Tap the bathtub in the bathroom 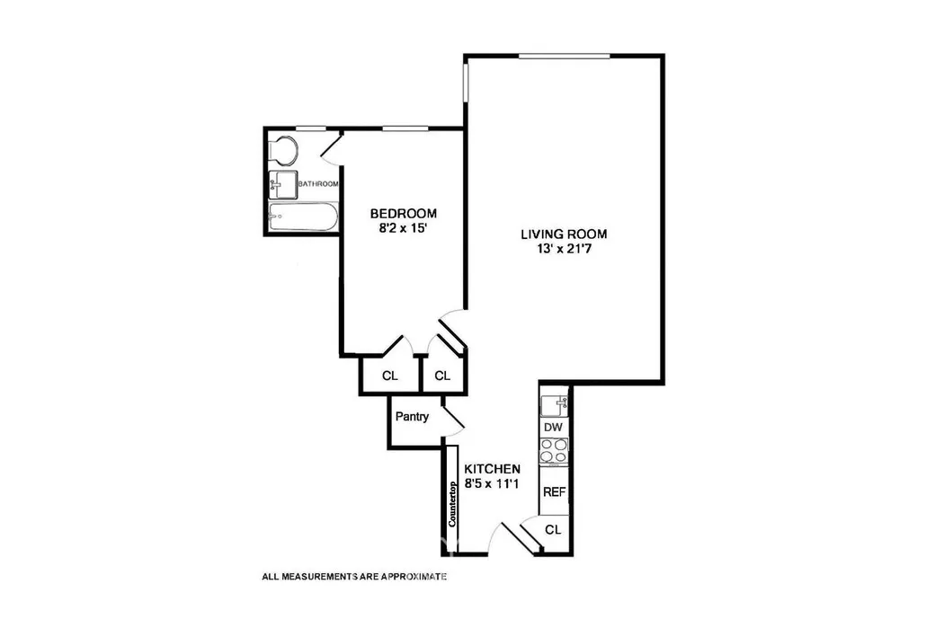(x=302, y=217)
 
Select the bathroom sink (x=281, y=184)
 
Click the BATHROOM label (x=318, y=184)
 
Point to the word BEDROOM (x=404, y=214)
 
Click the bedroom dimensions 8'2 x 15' (x=404, y=229)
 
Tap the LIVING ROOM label (x=564, y=234)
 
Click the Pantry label (x=412, y=417)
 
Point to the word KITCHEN (x=492, y=469)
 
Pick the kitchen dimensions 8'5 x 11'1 (x=492, y=484)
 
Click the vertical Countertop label (x=453, y=504)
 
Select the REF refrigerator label (x=554, y=491)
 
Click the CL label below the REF (x=553, y=530)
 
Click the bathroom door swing (x=332, y=147)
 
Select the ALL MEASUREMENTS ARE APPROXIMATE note (x=353, y=577)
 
